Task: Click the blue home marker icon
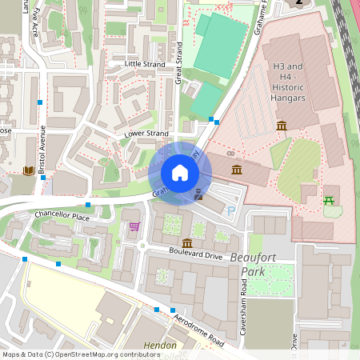(180, 173)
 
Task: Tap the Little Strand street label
(145, 63)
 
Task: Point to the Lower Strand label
(146, 134)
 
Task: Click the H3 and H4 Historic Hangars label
(289, 82)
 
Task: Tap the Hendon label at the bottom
(159, 346)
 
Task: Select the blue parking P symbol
(231, 212)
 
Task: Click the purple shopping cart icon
(134, 226)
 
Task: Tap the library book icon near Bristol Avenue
(30, 170)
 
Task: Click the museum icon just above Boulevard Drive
(186, 242)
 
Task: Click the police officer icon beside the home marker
(198, 193)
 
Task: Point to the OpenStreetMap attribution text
(70, 354)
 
